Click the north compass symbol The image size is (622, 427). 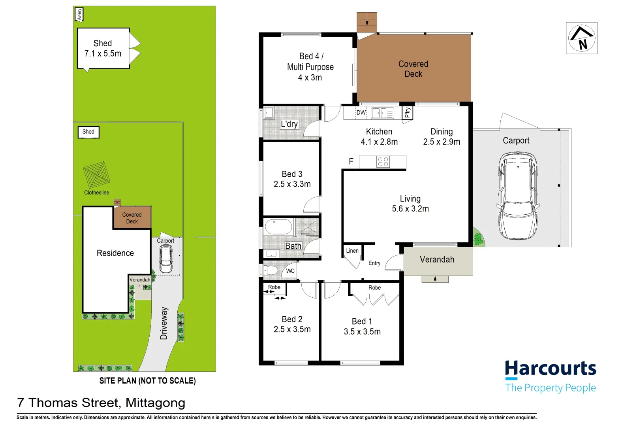(581, 38)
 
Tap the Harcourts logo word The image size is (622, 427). (550, 368)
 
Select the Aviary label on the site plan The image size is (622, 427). (79, 15)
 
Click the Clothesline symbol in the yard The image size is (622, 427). (96, 175)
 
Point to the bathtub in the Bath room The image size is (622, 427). (278, 227)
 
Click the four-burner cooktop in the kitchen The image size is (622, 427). (383, 162)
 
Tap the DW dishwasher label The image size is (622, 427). (361, 113)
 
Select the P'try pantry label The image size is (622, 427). (408, 113)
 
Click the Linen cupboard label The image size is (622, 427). (352, 251)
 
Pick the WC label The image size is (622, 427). (290, 271)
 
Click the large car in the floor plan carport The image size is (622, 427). (518, 196)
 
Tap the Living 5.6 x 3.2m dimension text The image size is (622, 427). (410, 209)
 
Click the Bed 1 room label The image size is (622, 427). (362, 321)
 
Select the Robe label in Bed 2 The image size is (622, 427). (274, 287)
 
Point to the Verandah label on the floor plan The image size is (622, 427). (437, 260)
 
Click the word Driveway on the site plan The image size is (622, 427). (164, 323)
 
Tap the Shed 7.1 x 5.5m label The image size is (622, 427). (103, 49)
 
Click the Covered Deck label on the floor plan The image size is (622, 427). (413, 69)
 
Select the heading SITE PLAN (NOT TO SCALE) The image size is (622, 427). (147, 381)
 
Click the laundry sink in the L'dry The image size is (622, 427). (269, 113)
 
